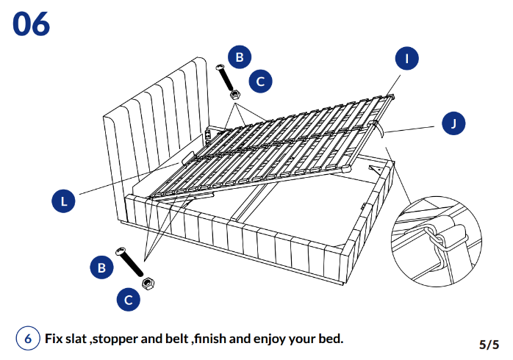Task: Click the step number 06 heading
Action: (x=31, y=24)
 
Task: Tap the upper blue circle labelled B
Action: (x=240, y=57)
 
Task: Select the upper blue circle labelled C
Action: (x=260, y=81)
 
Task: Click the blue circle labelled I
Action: (x=407, y=59)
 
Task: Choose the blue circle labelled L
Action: (x=65, y=201)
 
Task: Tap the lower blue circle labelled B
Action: (x=102, y=267)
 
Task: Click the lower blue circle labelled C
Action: (x=129, y=299)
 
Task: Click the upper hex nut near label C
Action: (x=235, y=94)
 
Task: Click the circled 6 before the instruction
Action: (x=28, y=339)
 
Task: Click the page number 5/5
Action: (x=489, y=344)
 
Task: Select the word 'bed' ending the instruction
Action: (x=331, y=339)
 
